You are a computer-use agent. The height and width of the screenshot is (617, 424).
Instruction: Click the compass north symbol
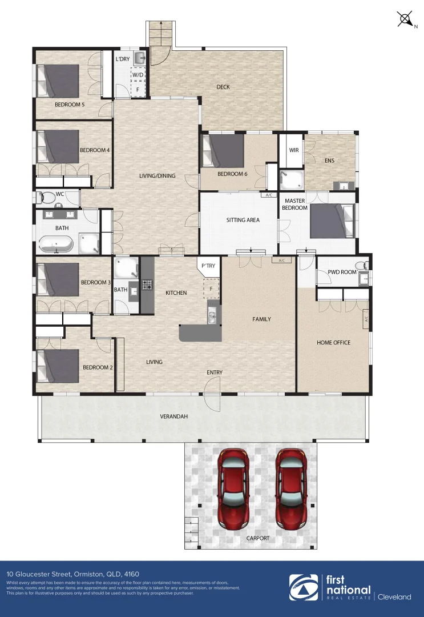click(x=405, y=19)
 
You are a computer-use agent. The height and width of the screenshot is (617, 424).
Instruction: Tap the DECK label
click(x=223, y=87)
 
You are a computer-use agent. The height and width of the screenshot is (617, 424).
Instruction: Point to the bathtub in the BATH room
click(x=56, y=245)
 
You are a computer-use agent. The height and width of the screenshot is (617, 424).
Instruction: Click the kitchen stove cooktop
click(x=147, y=284)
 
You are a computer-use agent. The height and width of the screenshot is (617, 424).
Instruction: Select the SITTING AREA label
click(x=244, y=220)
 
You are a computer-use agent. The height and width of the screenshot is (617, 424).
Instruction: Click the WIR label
click(x=294, y=150)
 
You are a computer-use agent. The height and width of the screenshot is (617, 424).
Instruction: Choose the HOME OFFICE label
click(x=333, y=343)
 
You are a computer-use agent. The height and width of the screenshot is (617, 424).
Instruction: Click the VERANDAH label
click(x=175, y=416)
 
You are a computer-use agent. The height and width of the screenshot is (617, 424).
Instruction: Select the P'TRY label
click(x=208, y=266)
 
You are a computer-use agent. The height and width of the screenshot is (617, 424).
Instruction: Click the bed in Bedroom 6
click(x=223, y=150)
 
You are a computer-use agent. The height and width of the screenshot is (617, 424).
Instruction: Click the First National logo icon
click(x=304, y=587)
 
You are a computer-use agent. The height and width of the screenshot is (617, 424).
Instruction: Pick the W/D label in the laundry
click(x=138, y=75)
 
